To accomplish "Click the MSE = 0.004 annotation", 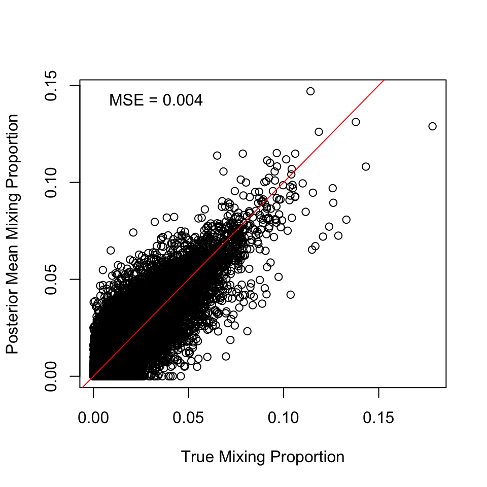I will pyautogui.click(x=156, y=100).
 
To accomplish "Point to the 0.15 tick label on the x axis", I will pyautogui.click(x=378, y=419).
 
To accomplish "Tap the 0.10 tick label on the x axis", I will pyautogui.click(x=284, y=419).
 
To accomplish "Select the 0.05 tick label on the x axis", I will pyautogui.click(x=189, y=419).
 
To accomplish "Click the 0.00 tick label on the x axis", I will pyautogui.click(x=94, y=419).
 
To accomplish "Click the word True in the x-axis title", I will pyautogui.click(x=198, y=457).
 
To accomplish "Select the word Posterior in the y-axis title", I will pyautogui.click(x=13, y=321).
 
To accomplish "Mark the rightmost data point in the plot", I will pyautogui.click(x=432, y=126).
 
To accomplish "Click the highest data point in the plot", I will pyautogui.click(x=310, y=91).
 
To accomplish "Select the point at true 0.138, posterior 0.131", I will pyautogui.click(x=356, y=122).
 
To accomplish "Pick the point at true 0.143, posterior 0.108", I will pyautogui.click(x=366, y=166).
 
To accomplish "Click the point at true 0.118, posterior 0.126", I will pyautogui.click(x=319, y=132).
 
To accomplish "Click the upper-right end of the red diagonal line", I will pyautogui.click(x=384, y=80).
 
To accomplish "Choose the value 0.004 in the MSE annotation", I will pyautogui.click(x=183, y=100).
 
